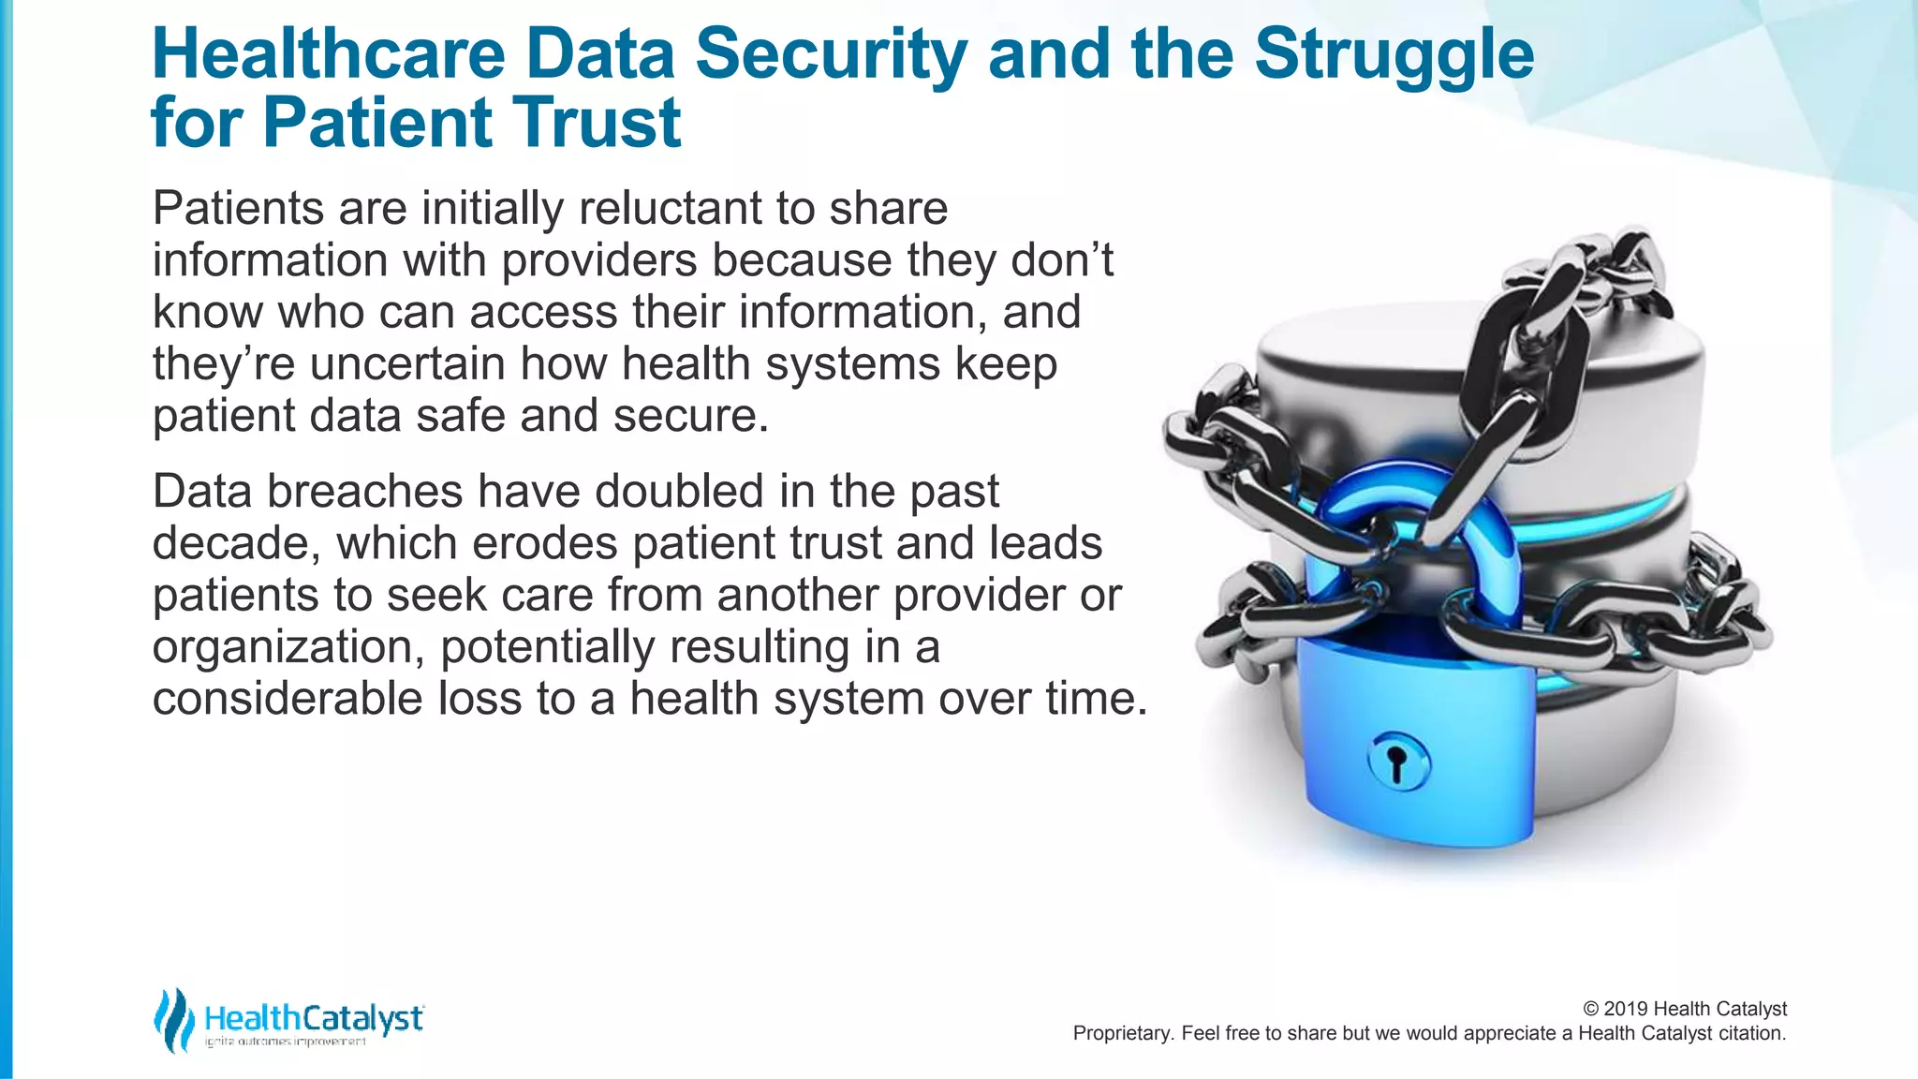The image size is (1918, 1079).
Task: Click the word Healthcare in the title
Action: pyautogui.click(x=329, y=54)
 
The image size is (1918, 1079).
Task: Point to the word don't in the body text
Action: pyautogui.click(x=1062, y=260)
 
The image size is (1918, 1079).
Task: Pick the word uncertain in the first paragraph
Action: pyautogui.click(x=407, y=363)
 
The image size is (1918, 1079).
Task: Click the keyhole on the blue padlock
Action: pyautogui.click(x=1397, y=761)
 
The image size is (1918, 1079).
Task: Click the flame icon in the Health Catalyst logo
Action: pyautogui.click(x=174, y=1020)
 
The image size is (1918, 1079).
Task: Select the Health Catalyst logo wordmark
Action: pyautogui.click(x=313, y=1017)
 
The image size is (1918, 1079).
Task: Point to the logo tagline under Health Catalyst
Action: pyautogui.click(x=286, y=1042)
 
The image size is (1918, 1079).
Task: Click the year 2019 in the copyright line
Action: pyautogui.click(x=1626, y=1009)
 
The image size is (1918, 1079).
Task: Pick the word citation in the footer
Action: pyautogui.click(x=1751, y=1033)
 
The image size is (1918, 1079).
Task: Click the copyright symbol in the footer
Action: pyautogui.click(x=1590, y=1009)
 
